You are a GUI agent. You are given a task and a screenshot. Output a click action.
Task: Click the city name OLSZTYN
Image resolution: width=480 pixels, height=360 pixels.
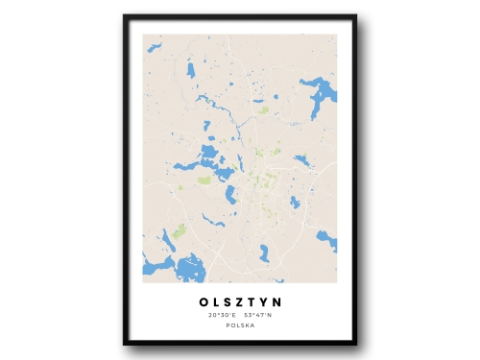point(240,301)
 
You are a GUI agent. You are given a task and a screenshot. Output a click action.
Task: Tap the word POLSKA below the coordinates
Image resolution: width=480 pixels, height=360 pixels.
point(240,325)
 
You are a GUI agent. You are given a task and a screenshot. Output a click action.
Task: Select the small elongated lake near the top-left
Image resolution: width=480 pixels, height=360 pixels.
point(191,70)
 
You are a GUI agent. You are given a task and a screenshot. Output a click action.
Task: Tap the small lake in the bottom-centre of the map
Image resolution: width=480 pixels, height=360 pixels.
point(264,252)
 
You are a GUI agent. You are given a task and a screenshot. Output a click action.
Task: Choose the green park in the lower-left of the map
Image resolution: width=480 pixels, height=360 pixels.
point(179,230)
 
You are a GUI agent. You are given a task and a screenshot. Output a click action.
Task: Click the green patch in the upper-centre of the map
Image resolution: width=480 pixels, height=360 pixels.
point(263,110)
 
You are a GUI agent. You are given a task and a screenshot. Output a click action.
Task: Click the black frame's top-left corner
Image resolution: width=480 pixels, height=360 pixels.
point(126,17)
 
